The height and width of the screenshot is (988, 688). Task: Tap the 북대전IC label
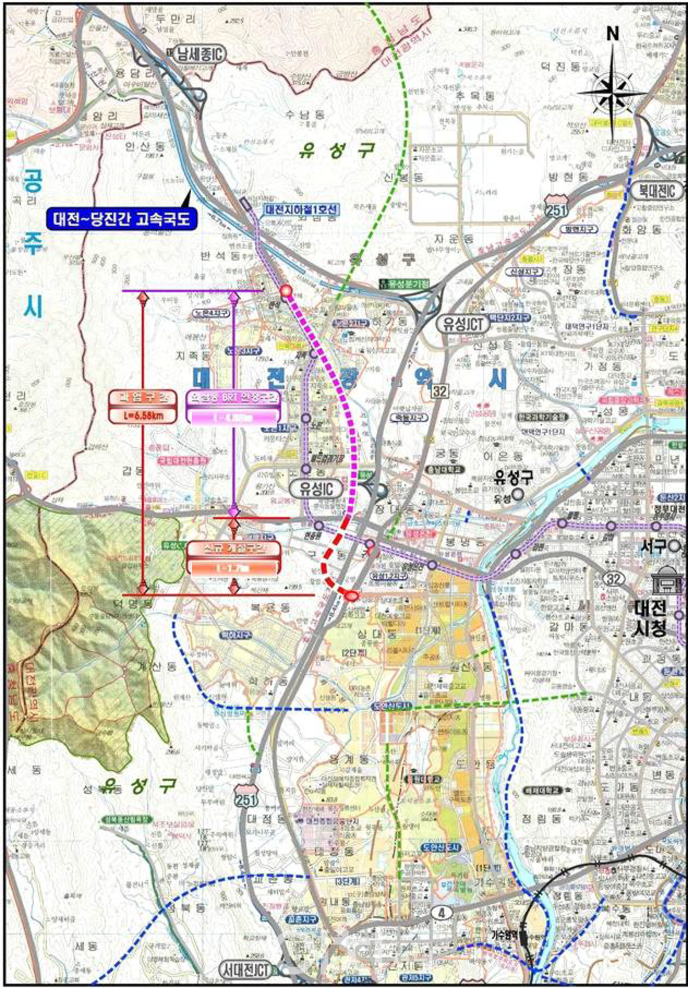pos(657,190)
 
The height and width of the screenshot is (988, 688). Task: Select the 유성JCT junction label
pos(463,324)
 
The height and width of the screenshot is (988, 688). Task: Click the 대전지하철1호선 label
pos(301,209)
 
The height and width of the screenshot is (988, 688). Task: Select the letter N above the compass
pos(612,34)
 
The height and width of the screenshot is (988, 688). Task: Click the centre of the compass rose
pos(612,92)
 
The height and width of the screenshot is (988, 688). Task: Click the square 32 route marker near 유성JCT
pos(439,391)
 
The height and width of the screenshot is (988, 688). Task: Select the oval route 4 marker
pos(442,912)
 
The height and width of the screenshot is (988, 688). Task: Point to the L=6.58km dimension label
pos(144,415)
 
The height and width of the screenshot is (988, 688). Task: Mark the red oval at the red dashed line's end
pos(351,595)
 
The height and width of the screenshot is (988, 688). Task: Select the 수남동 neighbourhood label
pos(305,114)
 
